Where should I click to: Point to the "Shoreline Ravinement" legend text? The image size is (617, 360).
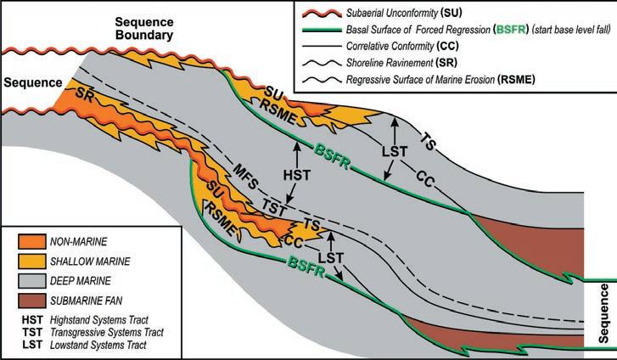(x=407, y=64)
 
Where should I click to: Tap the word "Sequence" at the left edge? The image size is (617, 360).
(x=31, y=83)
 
